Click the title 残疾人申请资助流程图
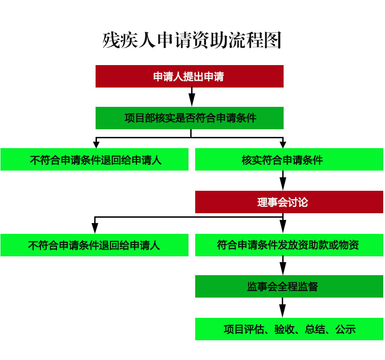(x=192, y=40)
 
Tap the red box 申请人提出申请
(x=189, y=76)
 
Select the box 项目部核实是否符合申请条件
(x=189, y=118)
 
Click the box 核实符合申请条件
(x=289, y=159)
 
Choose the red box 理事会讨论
(x=289, y=202)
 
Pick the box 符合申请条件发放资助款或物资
(x=289, y=245)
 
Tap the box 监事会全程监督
(x=289, y=286)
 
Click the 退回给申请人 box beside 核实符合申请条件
(x=95, y=159)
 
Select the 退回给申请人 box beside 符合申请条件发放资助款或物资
(x=95, y=245)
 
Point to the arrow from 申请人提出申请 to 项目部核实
(x=192, y=97)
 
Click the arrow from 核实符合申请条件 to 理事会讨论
(x=283, y=180)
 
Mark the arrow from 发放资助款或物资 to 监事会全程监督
(x=283, y=266)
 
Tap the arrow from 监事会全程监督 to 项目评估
(x=283, y=307)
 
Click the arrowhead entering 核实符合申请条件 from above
(x=283, y=145)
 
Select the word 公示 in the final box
(x=346, y=329)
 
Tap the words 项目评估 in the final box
(x=244, y=329)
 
